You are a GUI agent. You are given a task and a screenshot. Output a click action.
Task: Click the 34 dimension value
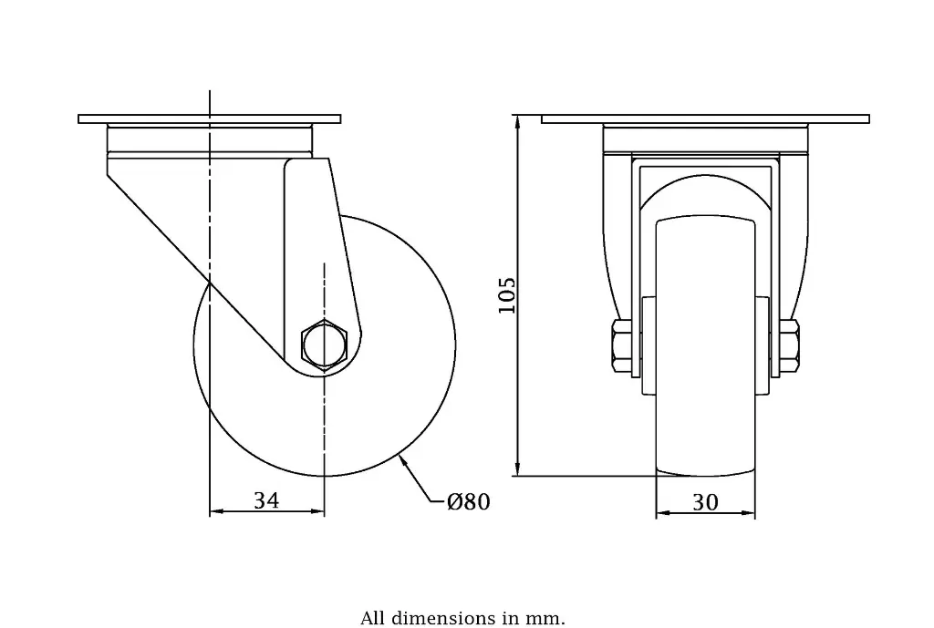pyautogui.click(x=266, y=500)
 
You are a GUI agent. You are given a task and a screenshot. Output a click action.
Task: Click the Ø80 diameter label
pyautogui.click(x=469, y=502)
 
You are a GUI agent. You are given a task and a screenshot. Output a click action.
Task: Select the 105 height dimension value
pyautogui.click(x=507, y=295)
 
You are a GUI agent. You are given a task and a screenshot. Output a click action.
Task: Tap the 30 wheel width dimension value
pyautogui.click(x=705, y=502)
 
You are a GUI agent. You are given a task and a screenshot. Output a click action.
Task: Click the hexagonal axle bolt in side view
pyautogui.click(x=325, y=345)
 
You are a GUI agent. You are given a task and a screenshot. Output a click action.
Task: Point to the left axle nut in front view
pyautogui.click(x=621, y=346)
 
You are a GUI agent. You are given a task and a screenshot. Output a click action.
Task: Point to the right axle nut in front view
pyautogui.click(x=789, y=346)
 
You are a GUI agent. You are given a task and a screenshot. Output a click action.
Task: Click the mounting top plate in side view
pyautogui.click(x=209, y=118)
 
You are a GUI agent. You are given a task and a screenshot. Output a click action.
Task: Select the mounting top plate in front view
pyautogui.click(x=705, y=118)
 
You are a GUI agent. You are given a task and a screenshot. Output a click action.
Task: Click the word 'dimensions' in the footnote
pyautogui.click(x=444, y=619)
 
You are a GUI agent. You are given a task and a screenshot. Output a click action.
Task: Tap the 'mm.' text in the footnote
pyautogui.click(x=547, y=619)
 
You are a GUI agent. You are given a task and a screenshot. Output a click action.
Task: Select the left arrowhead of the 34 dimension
pyautogui.click(x=216, y=512)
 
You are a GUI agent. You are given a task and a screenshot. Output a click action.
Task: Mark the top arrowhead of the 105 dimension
pyautogui.click(x=518, y=121)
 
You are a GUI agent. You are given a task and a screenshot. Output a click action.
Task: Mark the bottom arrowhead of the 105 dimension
pyautogui.click(x=518, y=469)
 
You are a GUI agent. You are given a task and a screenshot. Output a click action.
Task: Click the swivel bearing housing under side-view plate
pyautogui.click(x=209, y=139)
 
